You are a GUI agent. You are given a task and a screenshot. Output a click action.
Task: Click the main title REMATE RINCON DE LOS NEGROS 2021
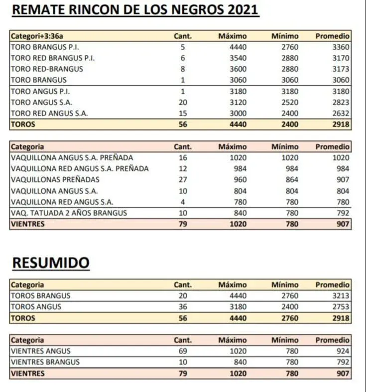coord(135,10)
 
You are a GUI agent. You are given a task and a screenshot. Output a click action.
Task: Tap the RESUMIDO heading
coord(50,262)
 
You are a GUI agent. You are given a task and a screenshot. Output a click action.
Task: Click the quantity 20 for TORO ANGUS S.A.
coord(183,102)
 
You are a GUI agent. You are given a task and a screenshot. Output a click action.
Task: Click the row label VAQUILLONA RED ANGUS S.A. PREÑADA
coord(80,168)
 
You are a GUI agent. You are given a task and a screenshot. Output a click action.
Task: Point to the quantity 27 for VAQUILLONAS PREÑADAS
coord(183,179)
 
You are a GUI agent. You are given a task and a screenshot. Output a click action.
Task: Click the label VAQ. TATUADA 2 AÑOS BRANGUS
coord(69,213)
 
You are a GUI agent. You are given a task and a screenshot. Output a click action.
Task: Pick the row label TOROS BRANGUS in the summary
coord(40,295)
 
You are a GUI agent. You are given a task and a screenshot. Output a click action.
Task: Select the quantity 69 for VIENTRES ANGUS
coord(183,351)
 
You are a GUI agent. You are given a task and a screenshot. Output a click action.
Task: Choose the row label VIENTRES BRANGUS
coord(45,362)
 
